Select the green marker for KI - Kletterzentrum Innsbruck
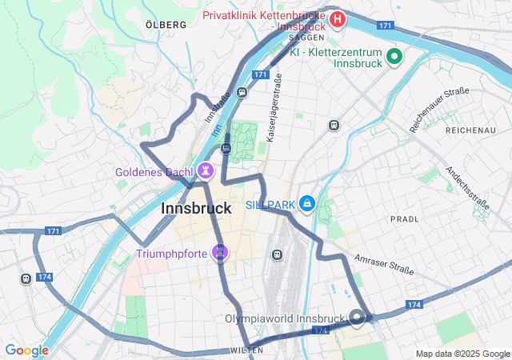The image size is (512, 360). coord(394,56)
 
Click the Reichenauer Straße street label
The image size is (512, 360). coord(439,110)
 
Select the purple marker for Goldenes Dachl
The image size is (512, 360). coord(206,170)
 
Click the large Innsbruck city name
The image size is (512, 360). coord(196,208)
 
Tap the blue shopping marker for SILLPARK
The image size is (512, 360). coord(306,205)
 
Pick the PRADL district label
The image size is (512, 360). coord(404,218)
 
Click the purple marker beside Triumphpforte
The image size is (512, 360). coord(219,254)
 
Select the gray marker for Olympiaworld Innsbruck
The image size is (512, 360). coord(357,318)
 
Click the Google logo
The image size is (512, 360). coord(26,350)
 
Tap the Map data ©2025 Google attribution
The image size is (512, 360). coord(462,354)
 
